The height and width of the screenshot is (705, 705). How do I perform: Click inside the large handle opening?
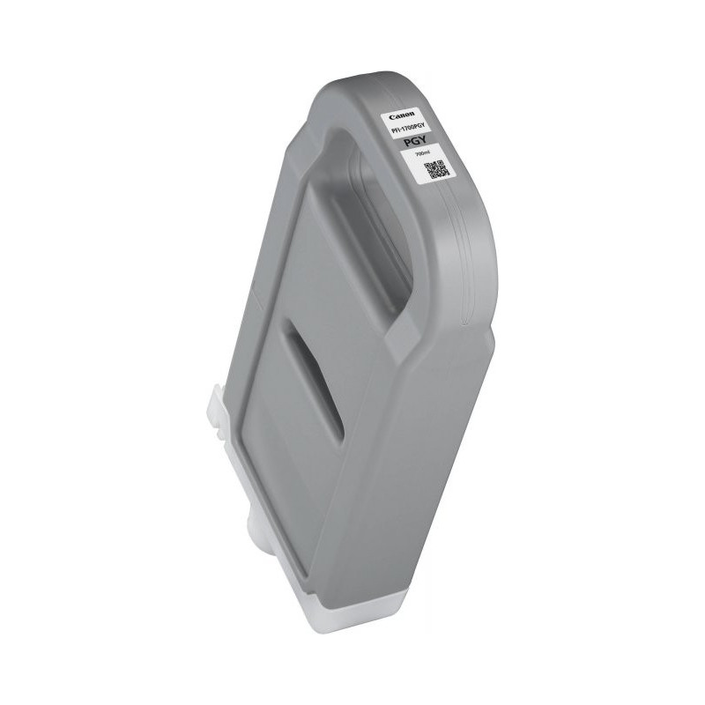point(370,238)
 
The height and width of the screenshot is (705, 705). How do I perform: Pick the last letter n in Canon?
point(412,114)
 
